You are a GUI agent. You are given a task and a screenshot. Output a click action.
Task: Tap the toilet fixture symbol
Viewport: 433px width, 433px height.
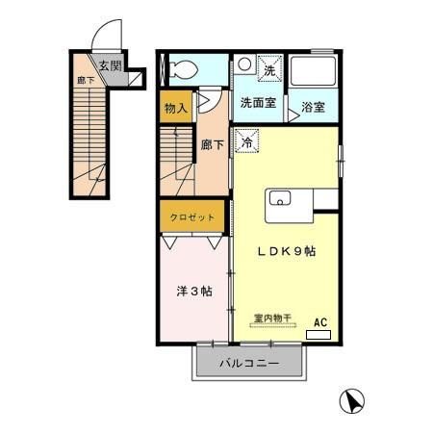pos(178,68)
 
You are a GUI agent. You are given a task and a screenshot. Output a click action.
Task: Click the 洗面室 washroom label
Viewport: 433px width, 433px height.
pos(258,101)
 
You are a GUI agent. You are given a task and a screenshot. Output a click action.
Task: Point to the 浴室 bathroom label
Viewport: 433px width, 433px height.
pos(313,107)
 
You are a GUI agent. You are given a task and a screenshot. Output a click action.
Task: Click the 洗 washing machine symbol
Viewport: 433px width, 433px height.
pos(269,68)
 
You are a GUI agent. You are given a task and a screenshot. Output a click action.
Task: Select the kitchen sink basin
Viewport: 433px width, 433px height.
pos(282,199)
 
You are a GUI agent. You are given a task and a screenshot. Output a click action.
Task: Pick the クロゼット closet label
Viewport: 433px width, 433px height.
pos(194,217)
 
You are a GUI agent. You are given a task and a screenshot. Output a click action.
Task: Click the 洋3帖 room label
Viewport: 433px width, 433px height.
pos(194,291)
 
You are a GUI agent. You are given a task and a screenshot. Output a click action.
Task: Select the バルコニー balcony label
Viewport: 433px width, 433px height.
pos(248,365)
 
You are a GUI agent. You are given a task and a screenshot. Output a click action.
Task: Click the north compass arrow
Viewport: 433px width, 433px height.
pos(354,401)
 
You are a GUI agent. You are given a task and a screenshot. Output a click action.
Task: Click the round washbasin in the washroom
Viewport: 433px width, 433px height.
pos(244,65)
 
